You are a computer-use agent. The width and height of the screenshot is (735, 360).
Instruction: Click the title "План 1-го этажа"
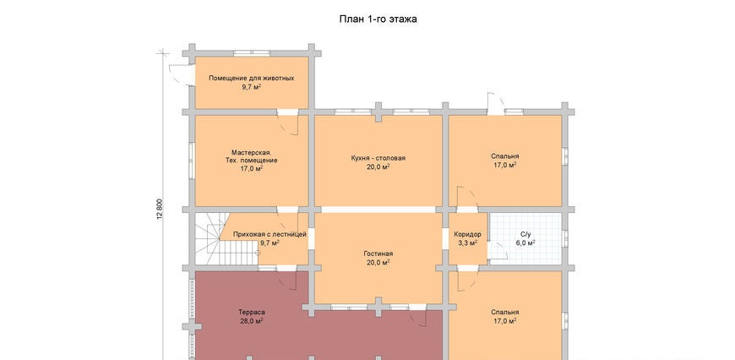pyautogui.click(x=378, y=19)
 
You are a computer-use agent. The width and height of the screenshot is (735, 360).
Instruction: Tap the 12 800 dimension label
pyautogui.click(x=160, y=209)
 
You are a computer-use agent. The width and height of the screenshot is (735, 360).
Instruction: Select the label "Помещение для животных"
pyautogui.click(x=251, y=78)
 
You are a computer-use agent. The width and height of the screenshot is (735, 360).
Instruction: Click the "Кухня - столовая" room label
pyautogui.click(x=378, y=158)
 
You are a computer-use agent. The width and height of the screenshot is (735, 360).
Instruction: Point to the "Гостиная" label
pyautogui.click(x=378, y=254)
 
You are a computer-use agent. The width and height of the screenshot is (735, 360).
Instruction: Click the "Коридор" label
pyautogui.click(x=467, y=234)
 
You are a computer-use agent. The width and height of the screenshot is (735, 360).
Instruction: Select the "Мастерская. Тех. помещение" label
pyautogui.click(x=251, y=156)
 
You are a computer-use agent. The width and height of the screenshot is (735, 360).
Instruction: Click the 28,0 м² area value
pyautogui.click(x=251, y=320)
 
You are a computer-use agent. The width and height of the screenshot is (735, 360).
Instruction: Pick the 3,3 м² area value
pyautogui.click(x=467, y=243)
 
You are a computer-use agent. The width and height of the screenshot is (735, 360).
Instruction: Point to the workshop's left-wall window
pyautogui.click(x=192, y=161)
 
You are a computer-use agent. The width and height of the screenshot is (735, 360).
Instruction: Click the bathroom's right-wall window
pyautogui.click(x=565, y=238)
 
